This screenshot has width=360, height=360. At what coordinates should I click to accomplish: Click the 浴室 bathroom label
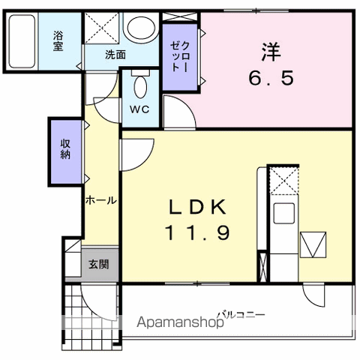(58, 40)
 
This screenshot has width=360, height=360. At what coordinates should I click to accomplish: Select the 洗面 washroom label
(115, 54)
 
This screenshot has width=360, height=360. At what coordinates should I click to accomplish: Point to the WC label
(140, 109)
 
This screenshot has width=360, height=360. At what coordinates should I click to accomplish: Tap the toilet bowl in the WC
(140, 88)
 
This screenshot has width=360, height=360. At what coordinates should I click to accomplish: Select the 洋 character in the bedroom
(270, 52)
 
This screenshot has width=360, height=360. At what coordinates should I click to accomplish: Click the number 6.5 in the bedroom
(271, 77)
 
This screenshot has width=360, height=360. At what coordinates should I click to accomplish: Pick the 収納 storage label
(67, 151)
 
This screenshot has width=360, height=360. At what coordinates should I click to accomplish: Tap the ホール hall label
(100, 200)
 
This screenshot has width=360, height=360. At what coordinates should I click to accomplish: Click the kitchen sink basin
(285, 213)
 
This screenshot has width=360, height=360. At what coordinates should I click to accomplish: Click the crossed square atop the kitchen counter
(284, 180)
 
